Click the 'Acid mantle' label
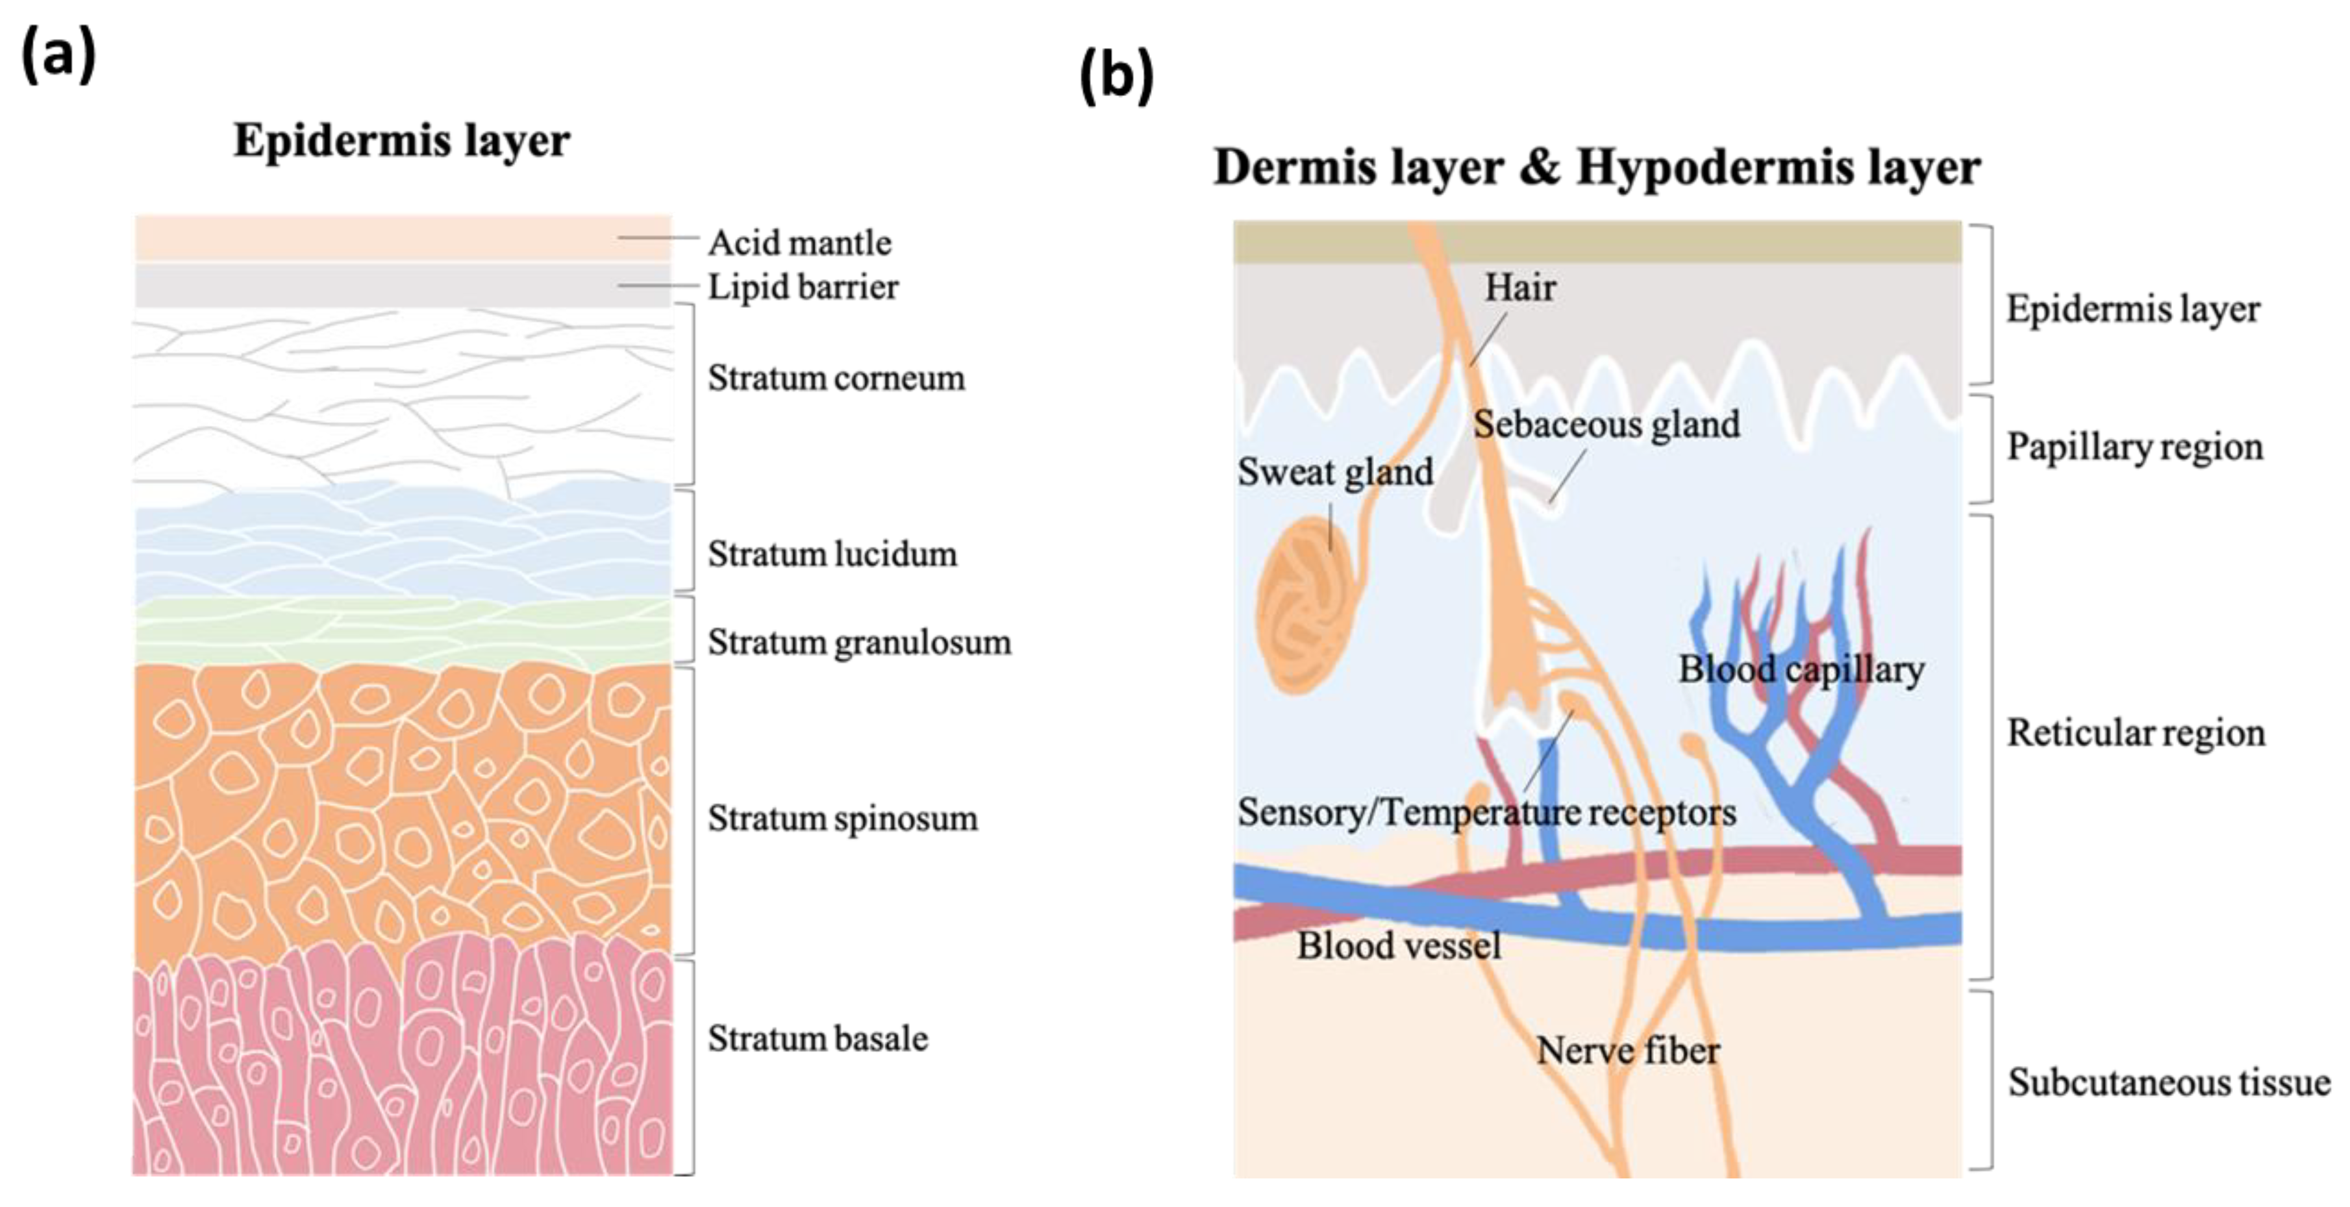point(799,243)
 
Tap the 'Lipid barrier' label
point(803,288)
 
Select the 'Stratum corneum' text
point(836,378)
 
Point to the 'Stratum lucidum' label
point(832,554)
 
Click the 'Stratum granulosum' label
point(858,642)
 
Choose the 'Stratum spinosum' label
point(842,818)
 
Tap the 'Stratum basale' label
point(818,1038)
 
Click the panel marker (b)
point(1116,77)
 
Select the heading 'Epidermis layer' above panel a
point(401,140)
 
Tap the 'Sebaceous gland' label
point(1606,424)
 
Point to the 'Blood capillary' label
point(1801,669)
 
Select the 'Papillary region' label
point(2134,447)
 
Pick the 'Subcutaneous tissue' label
point(2168,1083)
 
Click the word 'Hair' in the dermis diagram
point(1520,288)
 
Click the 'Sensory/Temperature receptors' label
point(1486,812)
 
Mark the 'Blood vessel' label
point(1399,945)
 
